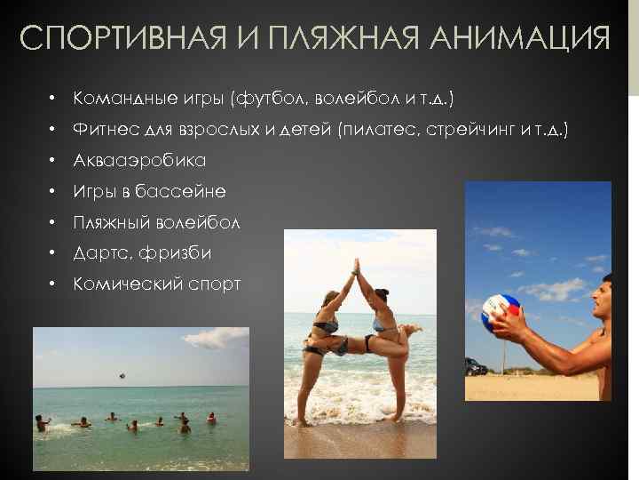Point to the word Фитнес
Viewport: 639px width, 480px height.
click(x=104, y=130)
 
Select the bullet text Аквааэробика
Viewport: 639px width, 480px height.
click(x=139, y=161)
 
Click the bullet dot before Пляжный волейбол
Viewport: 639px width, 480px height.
click(x=53, y=223)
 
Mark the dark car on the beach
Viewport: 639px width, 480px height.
click(x=476, y=366)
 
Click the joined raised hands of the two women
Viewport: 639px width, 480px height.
click(x=358, y=267)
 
